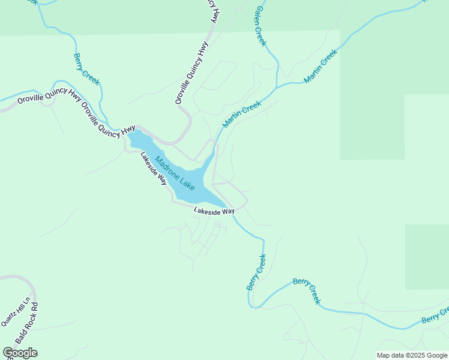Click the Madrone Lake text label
[175, 173]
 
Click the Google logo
[20, 353]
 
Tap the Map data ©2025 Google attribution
[412, 355]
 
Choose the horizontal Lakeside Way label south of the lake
[214, 211]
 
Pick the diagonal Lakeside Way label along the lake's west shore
[154, 168]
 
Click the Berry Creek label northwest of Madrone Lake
[86, 70]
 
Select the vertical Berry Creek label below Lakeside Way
[256, 272]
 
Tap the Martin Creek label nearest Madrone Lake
[242, 114]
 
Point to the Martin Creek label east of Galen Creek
[321, 66]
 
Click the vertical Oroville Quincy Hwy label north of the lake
[191, 73]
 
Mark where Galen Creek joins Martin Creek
[278, 86]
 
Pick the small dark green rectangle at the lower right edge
[427, 257]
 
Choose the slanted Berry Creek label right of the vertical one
[307, 291]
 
